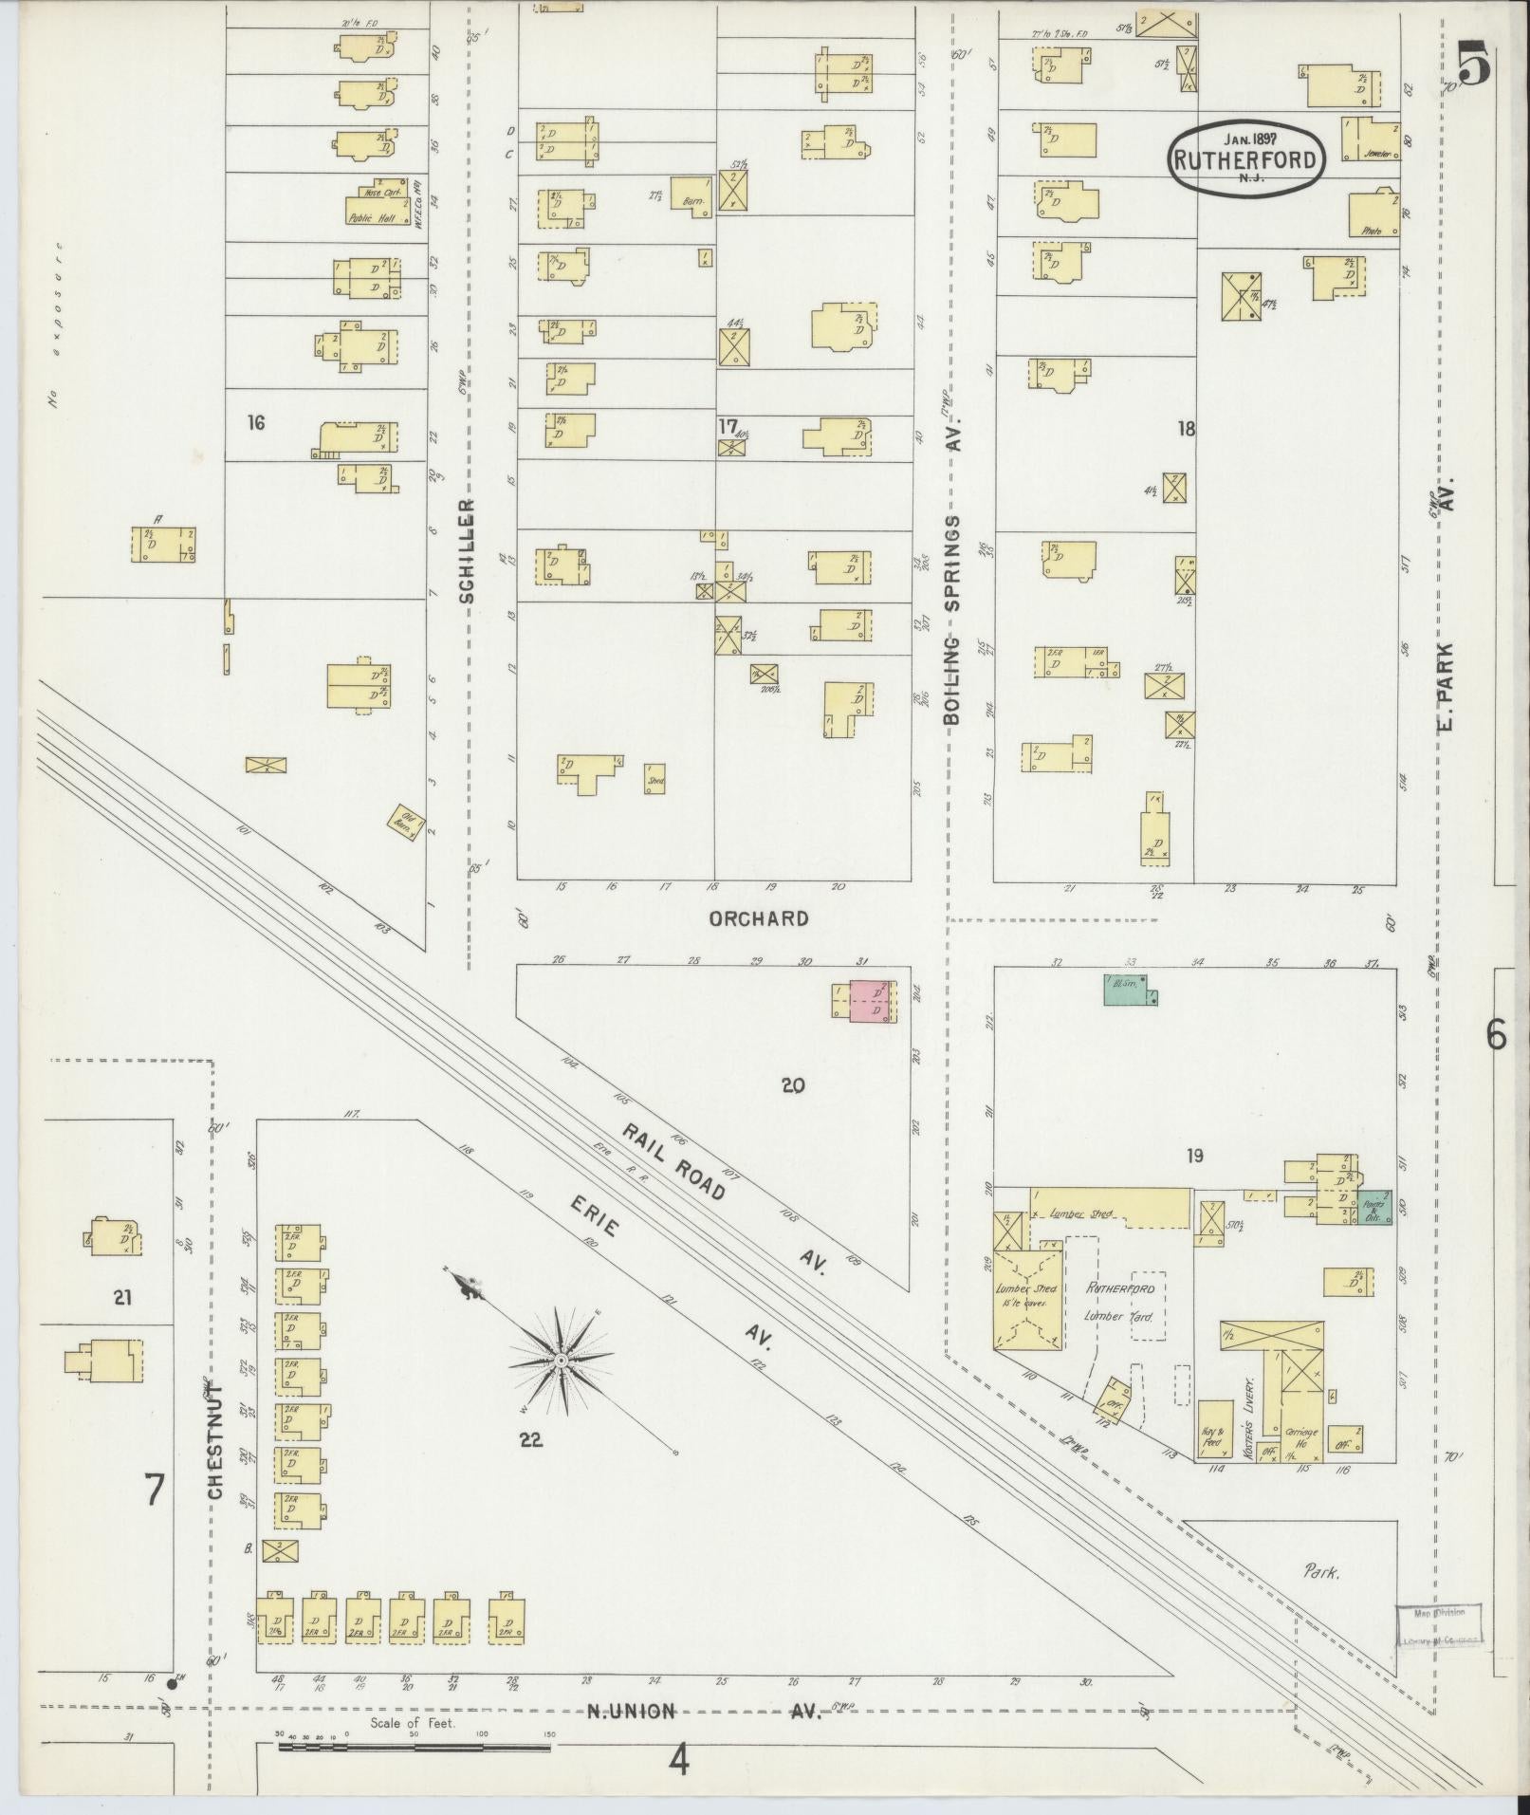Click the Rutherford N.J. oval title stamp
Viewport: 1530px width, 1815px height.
[x=1245, y=158]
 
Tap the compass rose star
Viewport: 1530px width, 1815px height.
[x=561, y=1361]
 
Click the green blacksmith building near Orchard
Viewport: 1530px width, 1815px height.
[x=1128, y=989]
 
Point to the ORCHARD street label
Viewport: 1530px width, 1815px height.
[x=759, y=918]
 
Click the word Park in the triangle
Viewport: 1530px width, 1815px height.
[x=1319, y=1572]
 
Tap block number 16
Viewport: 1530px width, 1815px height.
[x=256, y=423]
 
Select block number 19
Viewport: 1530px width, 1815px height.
[x=1194, y=1156]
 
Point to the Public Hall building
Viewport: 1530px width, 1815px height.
[x=378, y=203]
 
